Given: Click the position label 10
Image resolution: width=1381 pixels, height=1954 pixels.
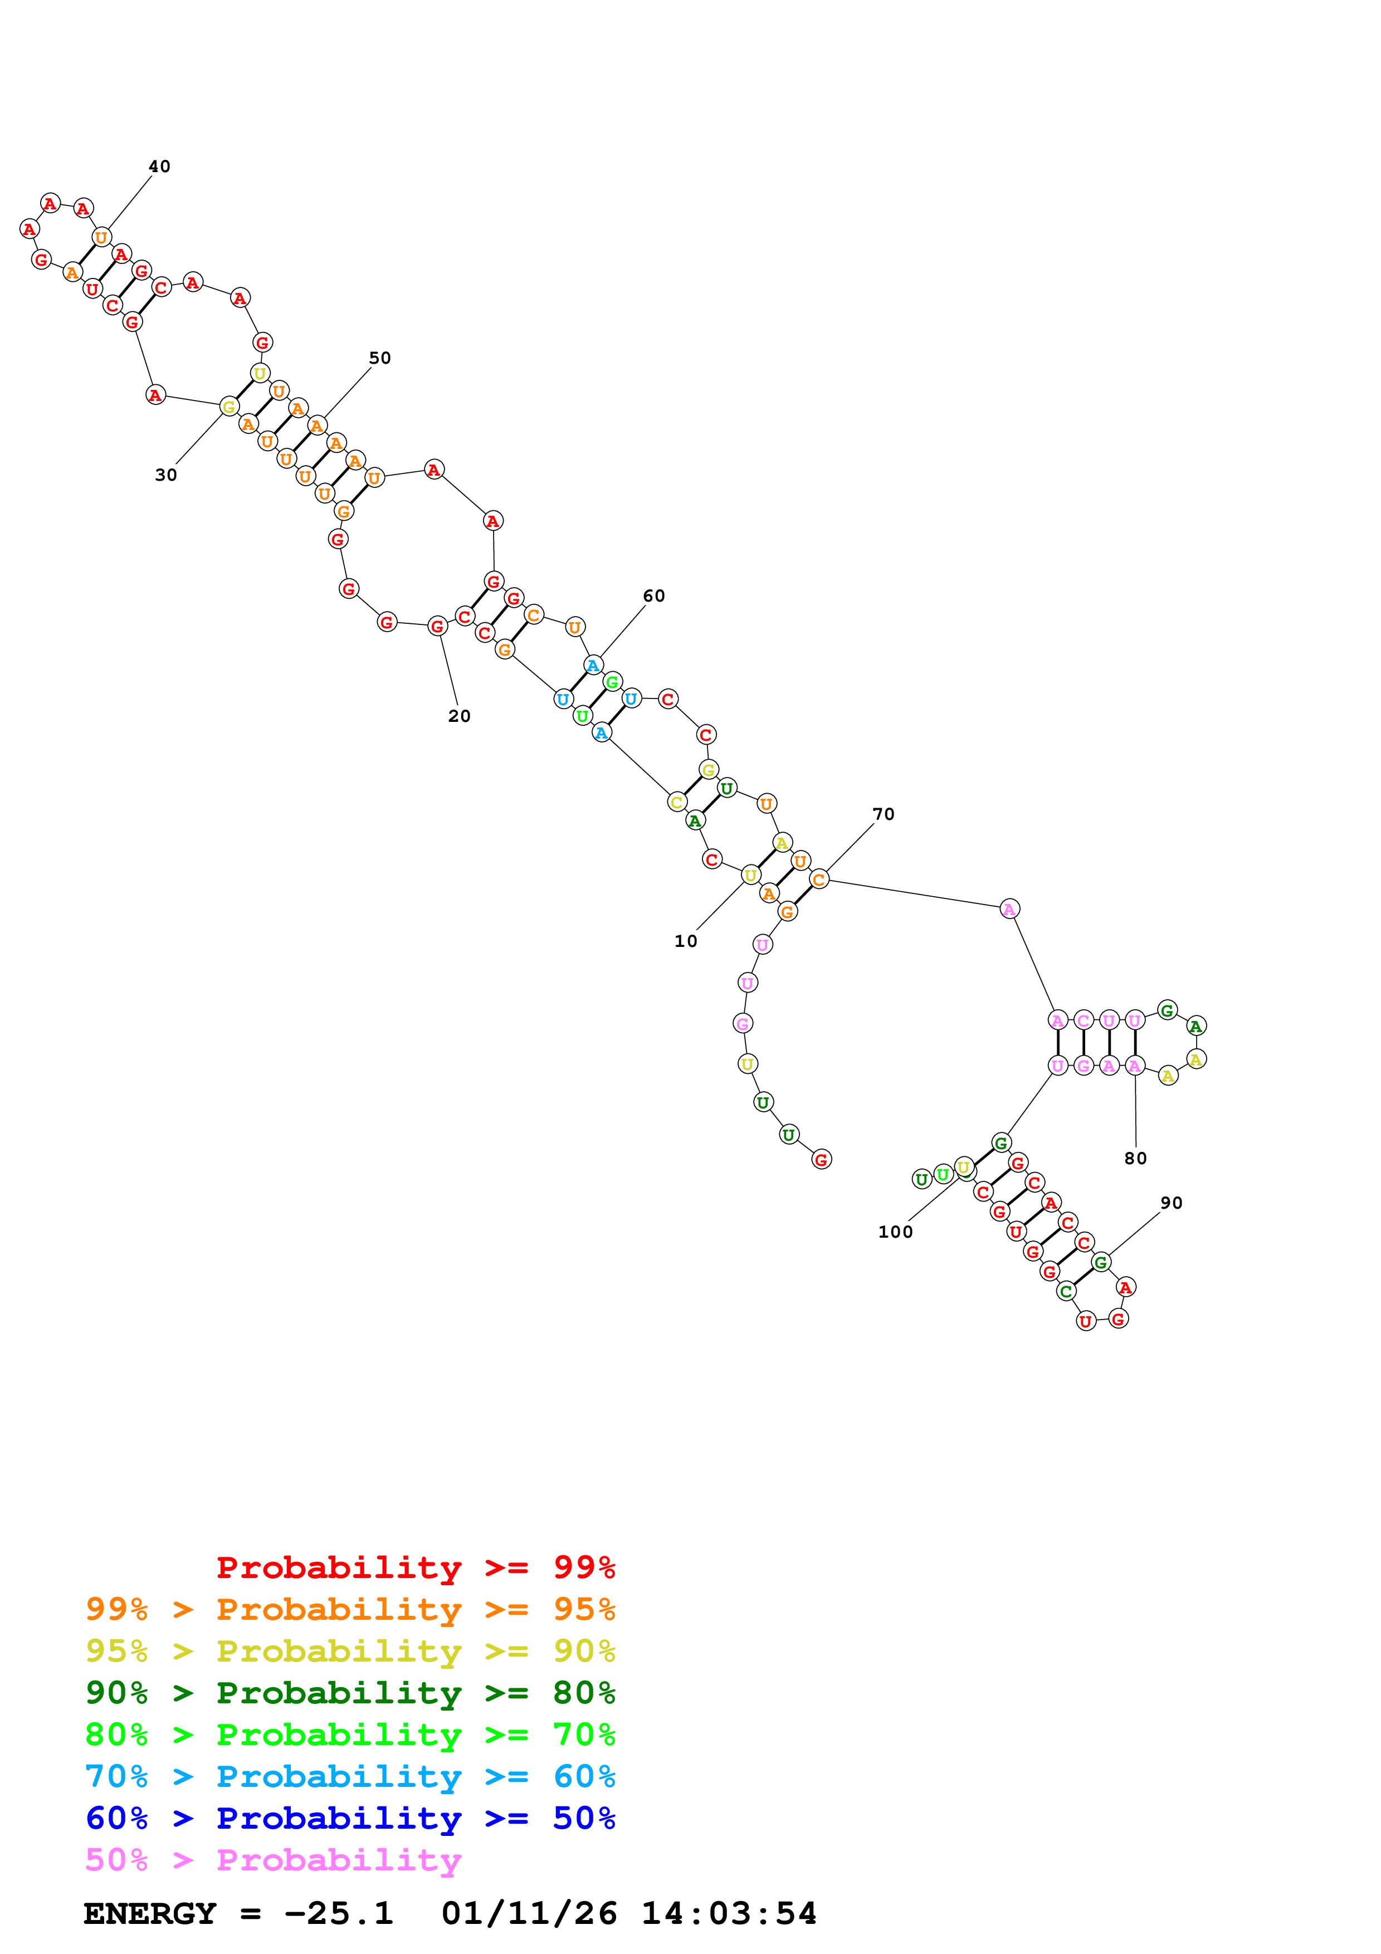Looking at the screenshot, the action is tap(685, 941).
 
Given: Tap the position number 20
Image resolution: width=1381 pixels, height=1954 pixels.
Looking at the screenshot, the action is tap(460, 716).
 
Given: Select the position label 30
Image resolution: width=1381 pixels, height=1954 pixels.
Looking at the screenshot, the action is tap(166, 475).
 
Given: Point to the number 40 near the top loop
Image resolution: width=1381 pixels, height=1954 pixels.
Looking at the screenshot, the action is tap(159, 166).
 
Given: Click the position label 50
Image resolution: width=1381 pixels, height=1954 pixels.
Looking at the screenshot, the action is tap(379, 358).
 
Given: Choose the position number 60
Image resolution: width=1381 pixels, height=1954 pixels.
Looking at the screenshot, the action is tap(653, 596).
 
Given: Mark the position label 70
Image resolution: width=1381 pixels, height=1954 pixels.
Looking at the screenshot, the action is tap(883, 814).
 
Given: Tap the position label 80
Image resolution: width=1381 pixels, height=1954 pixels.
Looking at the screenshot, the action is tap(1135, 1158).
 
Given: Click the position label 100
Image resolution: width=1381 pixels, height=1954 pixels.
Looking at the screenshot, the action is tap(895, 1232).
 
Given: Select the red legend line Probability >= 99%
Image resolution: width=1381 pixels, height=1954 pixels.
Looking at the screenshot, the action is tap(415, 1567).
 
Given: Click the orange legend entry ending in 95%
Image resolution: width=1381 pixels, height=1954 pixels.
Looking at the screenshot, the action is tap(350, 1609).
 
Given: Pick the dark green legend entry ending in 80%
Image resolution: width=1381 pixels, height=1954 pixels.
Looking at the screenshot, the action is tap(350, 1693).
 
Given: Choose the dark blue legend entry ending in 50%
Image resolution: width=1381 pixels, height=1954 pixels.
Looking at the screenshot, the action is tap(350, 1818).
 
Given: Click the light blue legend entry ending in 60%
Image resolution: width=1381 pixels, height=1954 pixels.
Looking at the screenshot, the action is tap(350, 1776).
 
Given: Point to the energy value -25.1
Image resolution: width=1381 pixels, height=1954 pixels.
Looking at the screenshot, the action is tap(339, 1914).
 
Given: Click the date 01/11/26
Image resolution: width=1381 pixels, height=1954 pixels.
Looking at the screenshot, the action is tap(529, 1914).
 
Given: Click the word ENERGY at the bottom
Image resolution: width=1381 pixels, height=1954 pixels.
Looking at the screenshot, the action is tap(150, 1914).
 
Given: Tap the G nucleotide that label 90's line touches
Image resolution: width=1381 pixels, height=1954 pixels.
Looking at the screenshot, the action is tap(1100, 1262).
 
